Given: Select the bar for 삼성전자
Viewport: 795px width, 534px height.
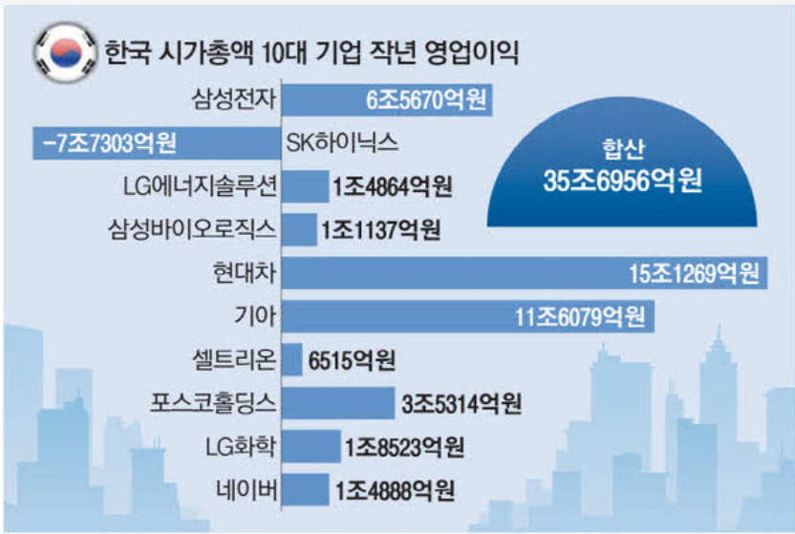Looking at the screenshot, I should pyautogui.click(x=388, y=98).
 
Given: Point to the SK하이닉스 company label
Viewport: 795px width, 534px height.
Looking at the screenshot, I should pyautogui.click(x=341, y=143).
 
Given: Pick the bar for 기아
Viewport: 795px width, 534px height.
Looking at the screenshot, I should pyautogui.click(x=468, y=317).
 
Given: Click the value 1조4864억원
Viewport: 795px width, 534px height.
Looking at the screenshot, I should pyautogui.click(x=393, y=187).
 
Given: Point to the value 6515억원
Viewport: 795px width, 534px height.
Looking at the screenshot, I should pyautogui.click(x=353, y=361).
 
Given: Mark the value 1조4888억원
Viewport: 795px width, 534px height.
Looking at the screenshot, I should pyautogui.click(x=394, y=491).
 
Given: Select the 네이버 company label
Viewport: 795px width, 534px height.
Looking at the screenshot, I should pyautogui.click(x=247, y=491).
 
